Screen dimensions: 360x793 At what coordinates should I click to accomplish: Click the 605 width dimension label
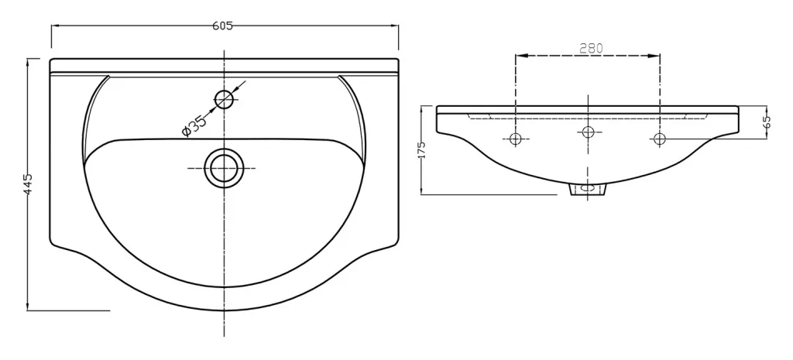223,26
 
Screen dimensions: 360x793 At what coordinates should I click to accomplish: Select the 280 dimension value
591,48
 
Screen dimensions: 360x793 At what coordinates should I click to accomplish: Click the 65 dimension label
767,122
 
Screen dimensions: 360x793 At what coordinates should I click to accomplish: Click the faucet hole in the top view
224,99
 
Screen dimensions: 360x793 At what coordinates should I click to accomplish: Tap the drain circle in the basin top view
224,167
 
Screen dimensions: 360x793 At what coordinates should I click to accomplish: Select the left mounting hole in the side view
516,139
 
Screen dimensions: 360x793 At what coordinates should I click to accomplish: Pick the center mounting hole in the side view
588,132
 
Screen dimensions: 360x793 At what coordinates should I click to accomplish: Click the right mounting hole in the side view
659,139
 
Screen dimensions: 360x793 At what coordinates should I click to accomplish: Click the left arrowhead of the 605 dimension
55,26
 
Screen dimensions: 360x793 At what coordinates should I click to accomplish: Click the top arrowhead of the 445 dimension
28,62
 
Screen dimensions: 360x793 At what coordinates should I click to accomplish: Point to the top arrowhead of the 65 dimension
767,108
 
